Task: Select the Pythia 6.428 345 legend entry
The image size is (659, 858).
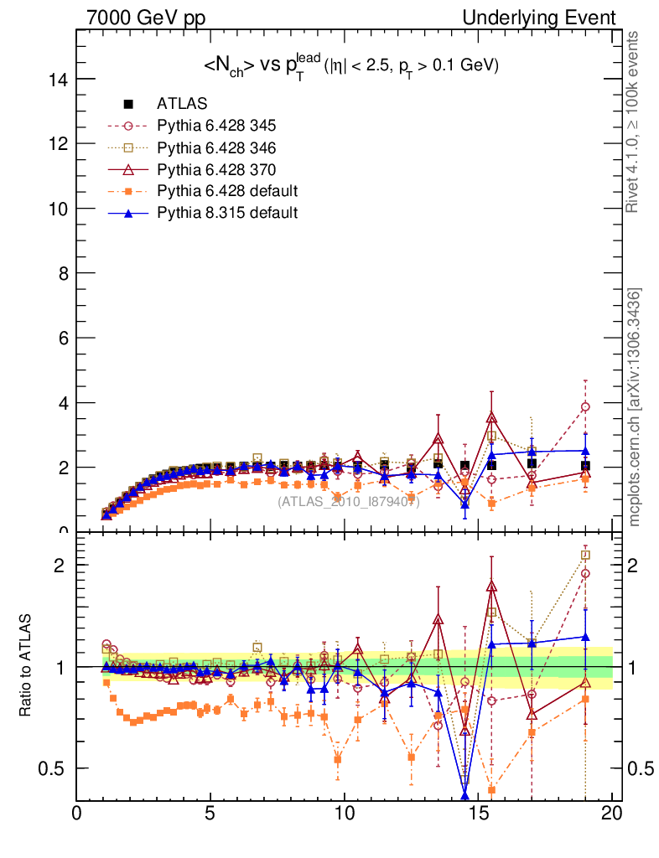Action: (216, 127)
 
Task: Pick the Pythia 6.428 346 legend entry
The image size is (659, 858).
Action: (216, 148)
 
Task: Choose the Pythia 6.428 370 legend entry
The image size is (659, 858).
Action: (216, 170)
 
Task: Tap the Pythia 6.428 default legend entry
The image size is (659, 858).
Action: (227, 192)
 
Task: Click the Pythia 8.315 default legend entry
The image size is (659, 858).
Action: (227, 213)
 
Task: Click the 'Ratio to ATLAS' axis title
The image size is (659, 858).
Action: (27, 667)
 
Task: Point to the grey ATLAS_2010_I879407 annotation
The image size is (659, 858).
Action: (349, 502)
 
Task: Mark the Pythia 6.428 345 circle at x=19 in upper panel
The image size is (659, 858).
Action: (585, 406)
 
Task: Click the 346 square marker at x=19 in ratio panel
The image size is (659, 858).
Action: (585, 555)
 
